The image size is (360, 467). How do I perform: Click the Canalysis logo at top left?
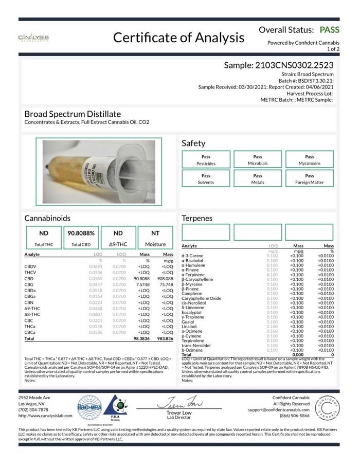(x=33, y=38)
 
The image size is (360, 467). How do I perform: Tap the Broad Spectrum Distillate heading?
(x=73, y=114)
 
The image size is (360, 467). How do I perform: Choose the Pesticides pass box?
(x=206, y=160)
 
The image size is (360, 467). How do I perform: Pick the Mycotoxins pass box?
(x=309, y=160)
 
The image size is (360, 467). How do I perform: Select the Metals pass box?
(x=258, y=178)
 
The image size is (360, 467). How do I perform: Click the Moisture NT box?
(x=155, y=237)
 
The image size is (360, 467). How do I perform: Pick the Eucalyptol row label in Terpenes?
(x=192, y=312)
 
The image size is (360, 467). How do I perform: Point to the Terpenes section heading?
(x=197, y=218)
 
